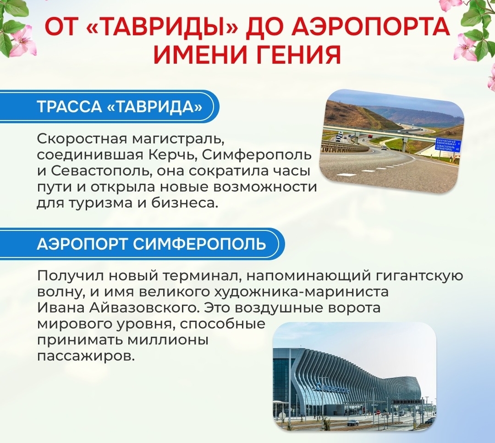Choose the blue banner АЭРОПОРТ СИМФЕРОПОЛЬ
tap(142, 244)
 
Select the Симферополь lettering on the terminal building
tap(333, 387)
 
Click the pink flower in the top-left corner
tap(21, 42)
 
